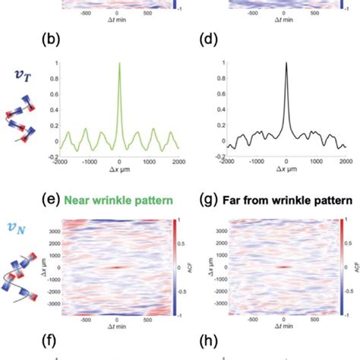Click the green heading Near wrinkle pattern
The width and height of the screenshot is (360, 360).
(x=129, y=202)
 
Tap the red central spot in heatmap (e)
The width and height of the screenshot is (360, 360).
(x=119, y=267)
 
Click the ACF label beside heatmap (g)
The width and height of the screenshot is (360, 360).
(x=354, y=267)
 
